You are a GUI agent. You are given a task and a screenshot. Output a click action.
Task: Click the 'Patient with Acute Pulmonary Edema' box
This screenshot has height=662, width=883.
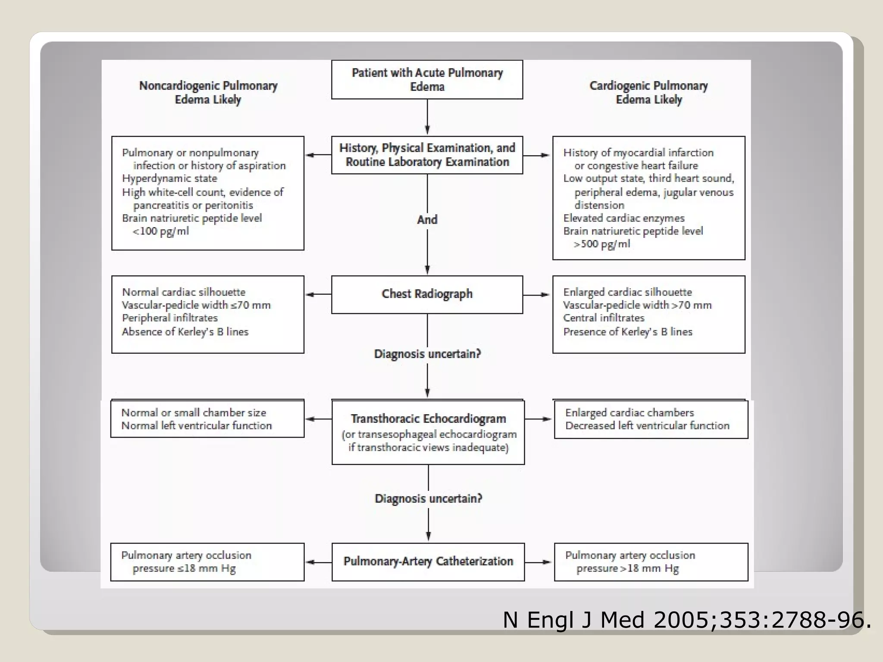[427, 80]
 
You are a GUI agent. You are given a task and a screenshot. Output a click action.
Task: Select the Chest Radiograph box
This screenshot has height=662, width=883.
[427, 294]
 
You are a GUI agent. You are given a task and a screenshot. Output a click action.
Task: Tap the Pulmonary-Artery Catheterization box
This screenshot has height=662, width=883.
[428, 562]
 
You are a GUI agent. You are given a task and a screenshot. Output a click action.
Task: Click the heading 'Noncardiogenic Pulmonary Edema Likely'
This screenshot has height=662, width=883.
[208, 93]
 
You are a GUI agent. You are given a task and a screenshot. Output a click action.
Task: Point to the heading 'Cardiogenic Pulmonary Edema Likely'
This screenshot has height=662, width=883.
[648, 93]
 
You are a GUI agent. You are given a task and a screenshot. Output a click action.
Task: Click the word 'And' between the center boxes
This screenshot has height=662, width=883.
[427, 220]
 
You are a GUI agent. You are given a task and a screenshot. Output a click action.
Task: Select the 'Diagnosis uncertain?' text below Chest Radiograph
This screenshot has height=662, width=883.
[427, 354]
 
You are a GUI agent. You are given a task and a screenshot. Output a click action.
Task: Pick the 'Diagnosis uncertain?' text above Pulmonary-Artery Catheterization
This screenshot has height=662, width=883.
[428, 499]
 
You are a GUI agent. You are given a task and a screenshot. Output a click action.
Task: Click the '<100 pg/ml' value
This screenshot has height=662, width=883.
[160, 231]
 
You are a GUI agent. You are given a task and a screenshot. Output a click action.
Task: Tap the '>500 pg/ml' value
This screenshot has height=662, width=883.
[602, 244]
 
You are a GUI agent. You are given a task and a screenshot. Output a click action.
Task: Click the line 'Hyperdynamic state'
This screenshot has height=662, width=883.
[169, 178]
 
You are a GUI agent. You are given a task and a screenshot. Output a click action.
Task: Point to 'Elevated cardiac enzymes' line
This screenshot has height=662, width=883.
[623, 219]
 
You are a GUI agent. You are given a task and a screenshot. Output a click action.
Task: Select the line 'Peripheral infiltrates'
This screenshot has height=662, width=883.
[170, 318]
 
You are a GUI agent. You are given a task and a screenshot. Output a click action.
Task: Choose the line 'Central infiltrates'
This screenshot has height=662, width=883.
[604, 318]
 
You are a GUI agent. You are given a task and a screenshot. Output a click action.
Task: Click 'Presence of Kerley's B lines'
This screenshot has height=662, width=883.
[627, 332]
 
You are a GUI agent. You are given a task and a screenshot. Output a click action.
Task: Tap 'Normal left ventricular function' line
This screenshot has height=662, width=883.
[197, 426]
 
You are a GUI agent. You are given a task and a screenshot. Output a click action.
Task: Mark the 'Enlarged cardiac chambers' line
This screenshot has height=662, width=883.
[629, 413]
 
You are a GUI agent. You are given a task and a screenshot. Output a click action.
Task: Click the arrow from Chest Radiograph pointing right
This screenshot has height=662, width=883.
[537, 295]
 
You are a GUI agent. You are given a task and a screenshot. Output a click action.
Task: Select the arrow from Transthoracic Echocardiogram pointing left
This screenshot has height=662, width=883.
[318, 419]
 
